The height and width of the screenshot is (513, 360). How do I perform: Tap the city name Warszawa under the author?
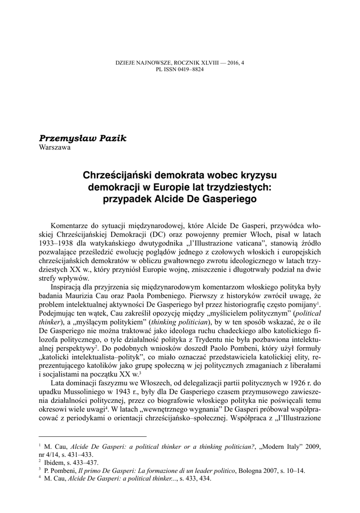55,147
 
